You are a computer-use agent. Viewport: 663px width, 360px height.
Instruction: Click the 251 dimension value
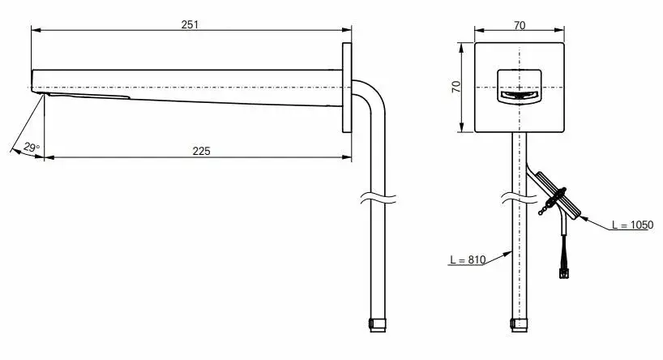tap(190, 24)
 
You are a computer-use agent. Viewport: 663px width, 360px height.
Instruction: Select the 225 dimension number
tap(201, 151)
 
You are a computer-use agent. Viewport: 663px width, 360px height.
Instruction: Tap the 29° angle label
tap(32, 148)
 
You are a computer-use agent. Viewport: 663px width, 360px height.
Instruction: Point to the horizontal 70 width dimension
tap(520, 25)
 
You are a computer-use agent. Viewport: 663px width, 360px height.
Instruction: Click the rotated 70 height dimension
tap(456, 87)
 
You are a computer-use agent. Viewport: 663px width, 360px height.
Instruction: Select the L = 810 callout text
tap(468, 259)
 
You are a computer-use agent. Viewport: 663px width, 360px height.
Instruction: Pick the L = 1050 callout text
tap(632, 225)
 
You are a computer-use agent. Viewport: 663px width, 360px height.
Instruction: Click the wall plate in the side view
tap(347, 88)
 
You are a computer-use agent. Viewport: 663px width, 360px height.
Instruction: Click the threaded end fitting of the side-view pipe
tap(378, 325)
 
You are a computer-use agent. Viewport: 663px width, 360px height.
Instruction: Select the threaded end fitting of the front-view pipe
tap(520, 325)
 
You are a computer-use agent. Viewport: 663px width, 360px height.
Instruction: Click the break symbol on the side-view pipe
tap(378, 198)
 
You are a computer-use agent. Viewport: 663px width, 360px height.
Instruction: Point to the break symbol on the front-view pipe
tap(519, 198)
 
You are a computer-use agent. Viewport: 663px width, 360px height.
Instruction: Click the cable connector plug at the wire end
tap(563, 274)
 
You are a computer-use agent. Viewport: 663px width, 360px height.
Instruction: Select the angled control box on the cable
tap(558, 195)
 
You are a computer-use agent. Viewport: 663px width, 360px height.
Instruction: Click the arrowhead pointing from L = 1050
tap(584, 218)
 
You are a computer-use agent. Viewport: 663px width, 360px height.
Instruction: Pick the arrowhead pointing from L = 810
tap(507, 254)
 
